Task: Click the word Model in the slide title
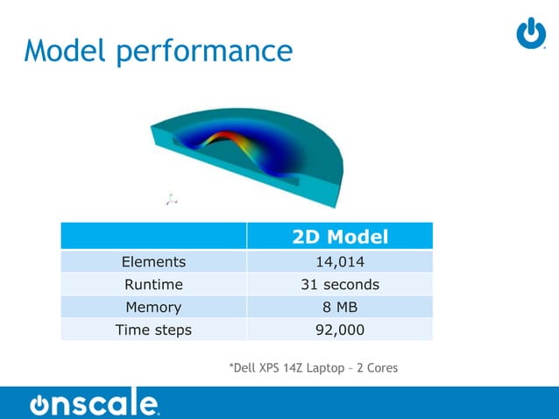[x=67, y=50]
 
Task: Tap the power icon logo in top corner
[x=531, y=32]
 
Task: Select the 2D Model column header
[x=340, y=237]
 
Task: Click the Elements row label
[x=153, y=261]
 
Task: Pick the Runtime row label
[x=153, y=284]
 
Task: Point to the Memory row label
[x=153, y=307]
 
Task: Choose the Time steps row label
[x=153, y=330]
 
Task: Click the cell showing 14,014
[x=340, y=261]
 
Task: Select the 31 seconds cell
[x=340, y=284]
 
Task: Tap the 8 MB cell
[x=340, y=307]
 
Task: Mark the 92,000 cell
[x=340, y=330]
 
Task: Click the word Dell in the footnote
[x=244, y=367]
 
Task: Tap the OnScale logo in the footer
[x=95, y=402]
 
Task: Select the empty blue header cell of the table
[x=153, y=237]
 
